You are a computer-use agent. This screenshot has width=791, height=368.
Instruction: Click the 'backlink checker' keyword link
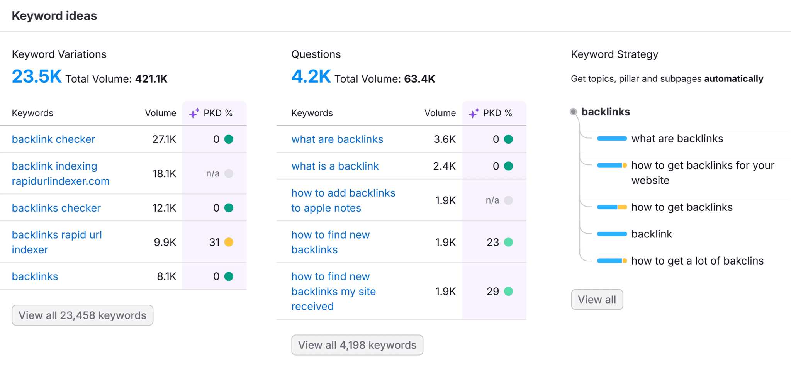[53, 139]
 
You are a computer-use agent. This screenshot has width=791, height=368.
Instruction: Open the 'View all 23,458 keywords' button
[82, 315]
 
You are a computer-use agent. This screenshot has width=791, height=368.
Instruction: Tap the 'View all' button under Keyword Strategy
[597, 300]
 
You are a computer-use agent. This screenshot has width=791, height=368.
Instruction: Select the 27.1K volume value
[164, 139]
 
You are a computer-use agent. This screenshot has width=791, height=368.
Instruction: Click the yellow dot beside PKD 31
[229, 242]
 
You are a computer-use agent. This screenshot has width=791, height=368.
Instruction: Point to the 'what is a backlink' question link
[335, 166]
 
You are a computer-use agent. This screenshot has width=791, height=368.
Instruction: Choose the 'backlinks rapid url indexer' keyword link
[57, 242]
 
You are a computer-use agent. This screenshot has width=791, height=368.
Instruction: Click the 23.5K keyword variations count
[37, 76]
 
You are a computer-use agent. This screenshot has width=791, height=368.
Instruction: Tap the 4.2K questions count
[311, 76]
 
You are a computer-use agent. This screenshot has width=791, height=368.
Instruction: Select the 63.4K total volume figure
[419, 79]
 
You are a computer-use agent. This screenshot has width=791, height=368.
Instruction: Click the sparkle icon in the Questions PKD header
[474, 113]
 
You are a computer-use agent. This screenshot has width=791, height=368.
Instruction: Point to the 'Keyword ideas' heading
[54, 16]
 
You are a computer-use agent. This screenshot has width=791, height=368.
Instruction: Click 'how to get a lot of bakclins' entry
[697, 261]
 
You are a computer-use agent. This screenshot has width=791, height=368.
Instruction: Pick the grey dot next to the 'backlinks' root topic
[573, 112]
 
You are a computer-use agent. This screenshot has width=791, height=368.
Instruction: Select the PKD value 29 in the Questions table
[492, 292]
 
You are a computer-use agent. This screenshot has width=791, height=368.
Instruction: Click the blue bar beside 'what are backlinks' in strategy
[612, 139]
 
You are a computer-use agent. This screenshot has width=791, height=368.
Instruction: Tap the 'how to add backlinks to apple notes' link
[343, 200]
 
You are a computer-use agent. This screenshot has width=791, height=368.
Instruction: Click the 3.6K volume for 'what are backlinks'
[445, 139]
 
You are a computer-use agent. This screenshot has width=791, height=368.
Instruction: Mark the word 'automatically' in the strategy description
[733, 79]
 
